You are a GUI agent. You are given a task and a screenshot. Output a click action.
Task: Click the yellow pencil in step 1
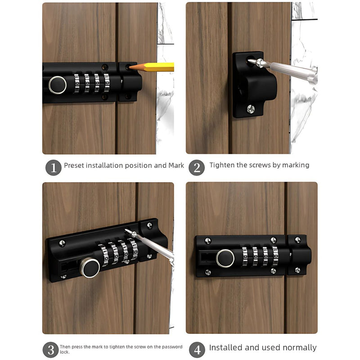152,67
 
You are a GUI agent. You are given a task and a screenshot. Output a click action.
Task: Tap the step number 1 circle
54,167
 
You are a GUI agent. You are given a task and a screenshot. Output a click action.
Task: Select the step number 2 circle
197,167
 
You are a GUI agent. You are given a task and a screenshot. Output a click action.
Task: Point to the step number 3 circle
51,350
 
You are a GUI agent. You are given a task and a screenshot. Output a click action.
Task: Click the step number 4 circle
197,350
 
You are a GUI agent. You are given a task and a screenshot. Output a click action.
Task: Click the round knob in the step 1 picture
58,85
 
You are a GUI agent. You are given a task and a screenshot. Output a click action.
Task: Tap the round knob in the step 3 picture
90,268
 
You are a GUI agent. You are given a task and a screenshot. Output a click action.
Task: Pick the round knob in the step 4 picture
225,258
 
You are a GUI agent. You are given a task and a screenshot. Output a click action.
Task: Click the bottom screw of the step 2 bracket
251,109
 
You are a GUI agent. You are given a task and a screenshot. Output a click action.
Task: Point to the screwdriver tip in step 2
249,61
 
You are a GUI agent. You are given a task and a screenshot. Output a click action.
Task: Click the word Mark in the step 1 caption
176,165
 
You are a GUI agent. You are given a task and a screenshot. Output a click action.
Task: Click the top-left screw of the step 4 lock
207,241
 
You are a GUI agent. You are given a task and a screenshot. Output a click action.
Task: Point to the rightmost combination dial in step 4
275,256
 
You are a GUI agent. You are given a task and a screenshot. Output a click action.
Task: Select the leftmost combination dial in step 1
76,83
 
